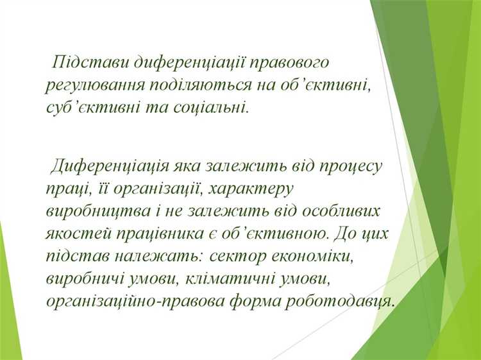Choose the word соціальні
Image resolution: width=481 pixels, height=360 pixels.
pos(210,107)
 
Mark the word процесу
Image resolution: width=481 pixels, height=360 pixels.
pos(349,167)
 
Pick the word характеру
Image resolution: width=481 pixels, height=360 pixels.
pos(250,189)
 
